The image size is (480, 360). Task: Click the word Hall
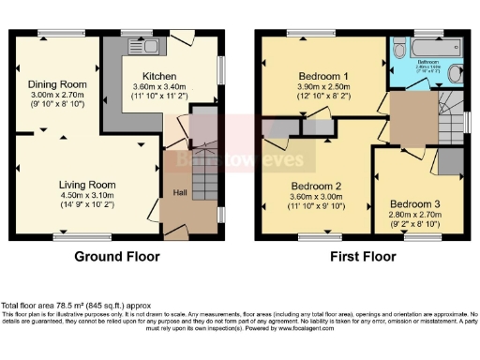[178, 192]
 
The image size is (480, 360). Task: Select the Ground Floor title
[116, 256]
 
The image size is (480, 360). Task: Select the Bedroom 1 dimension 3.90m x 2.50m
[322, 86]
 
